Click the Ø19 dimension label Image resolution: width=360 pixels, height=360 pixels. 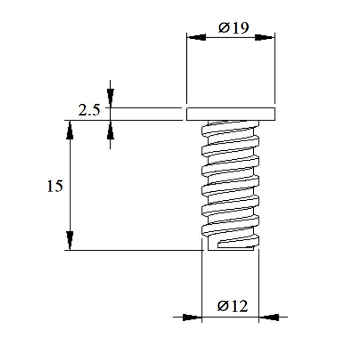coord(234,28)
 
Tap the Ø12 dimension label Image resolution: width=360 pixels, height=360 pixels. coord(233,306)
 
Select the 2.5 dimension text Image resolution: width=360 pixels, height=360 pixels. coord(89,110)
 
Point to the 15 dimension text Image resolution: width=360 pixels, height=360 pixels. coord(54,186)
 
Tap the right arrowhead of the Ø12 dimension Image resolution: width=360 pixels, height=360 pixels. coord(269,318)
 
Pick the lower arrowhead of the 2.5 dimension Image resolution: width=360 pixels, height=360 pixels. coord(110,130)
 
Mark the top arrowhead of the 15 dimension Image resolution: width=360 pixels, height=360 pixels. coord(70,130)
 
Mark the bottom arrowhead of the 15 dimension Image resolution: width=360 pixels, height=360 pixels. coord(70,241)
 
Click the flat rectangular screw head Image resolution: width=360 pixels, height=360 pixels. coord(231,114)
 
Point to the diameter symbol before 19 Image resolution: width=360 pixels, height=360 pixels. coord(224,28)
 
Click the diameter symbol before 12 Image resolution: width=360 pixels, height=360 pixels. coord(223,306)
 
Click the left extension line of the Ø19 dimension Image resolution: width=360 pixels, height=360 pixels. coord(187,68)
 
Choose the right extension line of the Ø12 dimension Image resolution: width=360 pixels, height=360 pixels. coord(259,286)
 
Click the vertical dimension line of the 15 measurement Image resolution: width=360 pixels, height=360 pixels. coord(70,185)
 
